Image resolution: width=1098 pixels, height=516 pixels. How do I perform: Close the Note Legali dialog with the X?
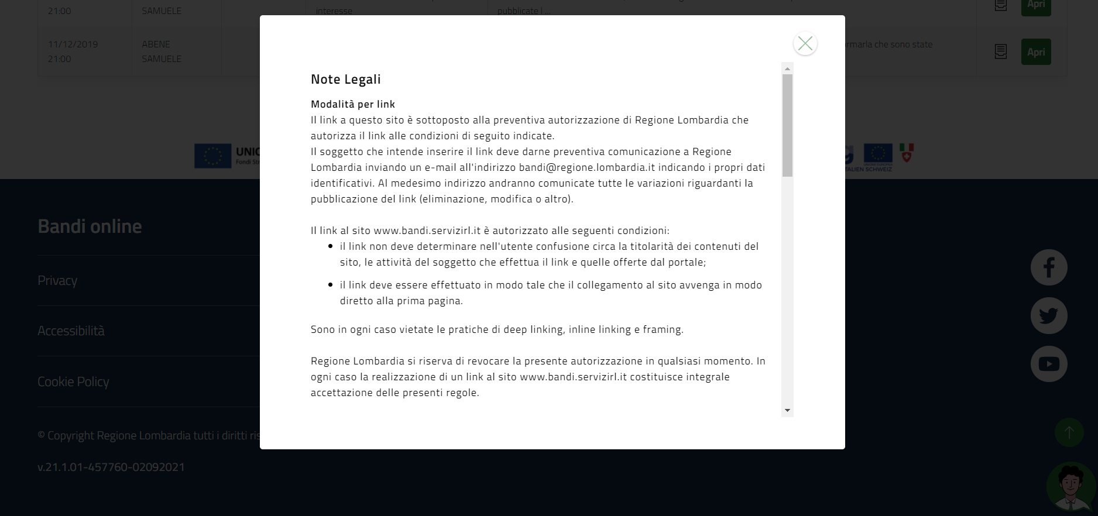tap(805, 43)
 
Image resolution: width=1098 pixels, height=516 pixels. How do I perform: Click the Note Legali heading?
tap(345, 79)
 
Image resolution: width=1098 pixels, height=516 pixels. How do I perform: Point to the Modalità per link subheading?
tap(352, 104)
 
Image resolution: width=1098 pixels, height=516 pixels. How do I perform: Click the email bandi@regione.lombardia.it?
tap(586, 167)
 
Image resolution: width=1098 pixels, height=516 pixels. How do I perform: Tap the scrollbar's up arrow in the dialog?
tap(787, 68)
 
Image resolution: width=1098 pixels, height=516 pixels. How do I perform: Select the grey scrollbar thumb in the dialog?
tap(787, 125)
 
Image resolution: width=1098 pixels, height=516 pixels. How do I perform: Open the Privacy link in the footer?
tap(57, 280)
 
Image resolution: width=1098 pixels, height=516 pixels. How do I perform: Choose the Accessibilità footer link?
tap(71, 331)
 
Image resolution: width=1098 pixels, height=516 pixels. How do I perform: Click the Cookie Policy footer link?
tap(73, 381)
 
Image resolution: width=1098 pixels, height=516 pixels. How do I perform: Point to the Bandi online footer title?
tap(90, 226)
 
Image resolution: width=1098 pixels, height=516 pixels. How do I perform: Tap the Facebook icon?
tap(1048, 267)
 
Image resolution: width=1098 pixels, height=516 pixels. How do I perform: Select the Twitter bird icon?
tap(1048, 316)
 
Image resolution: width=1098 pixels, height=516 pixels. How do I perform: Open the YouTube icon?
tap(1048, 364)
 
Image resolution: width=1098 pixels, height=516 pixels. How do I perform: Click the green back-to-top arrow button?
tap(1069, 432)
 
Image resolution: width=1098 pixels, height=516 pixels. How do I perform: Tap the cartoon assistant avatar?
tap(1070, 487)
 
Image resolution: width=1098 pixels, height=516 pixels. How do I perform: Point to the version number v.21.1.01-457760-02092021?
tap(111, 467)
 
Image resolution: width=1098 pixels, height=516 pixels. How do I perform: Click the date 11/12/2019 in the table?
tap(73, 44)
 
